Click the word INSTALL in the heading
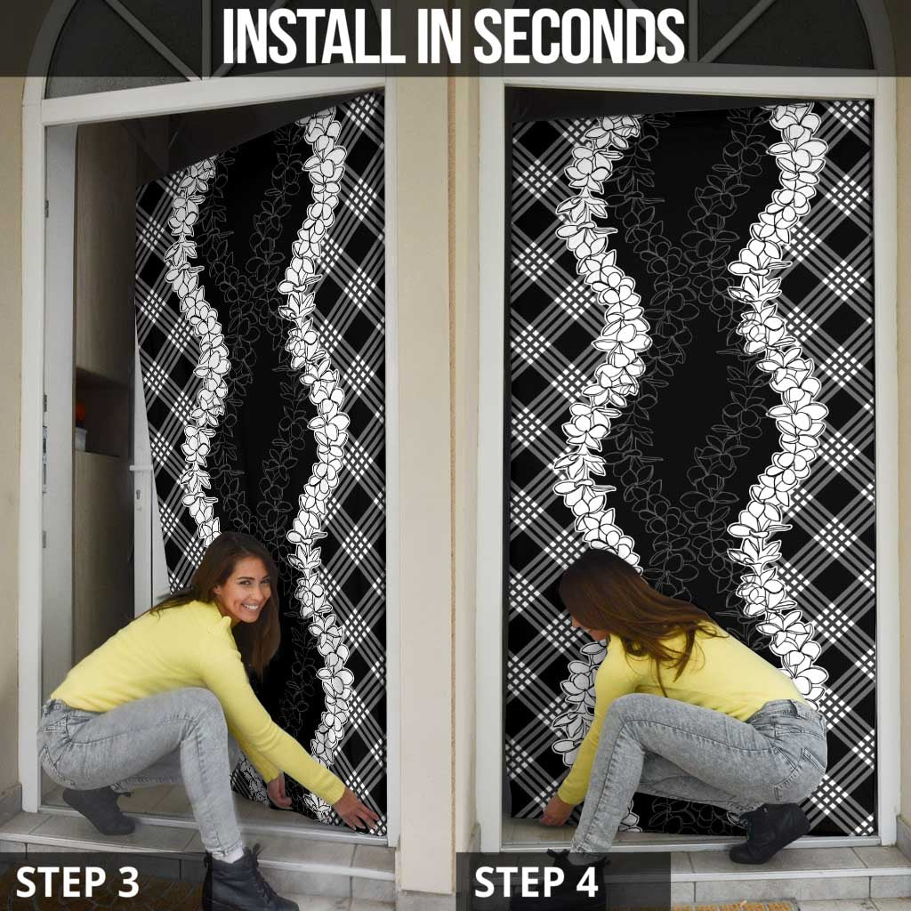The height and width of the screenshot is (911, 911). [x=313, y=36]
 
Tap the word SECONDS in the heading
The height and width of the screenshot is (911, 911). [x=580, y=36]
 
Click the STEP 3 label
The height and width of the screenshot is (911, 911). [x=77, y=882]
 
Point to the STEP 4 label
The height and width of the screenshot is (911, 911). [x=536, y=882]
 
